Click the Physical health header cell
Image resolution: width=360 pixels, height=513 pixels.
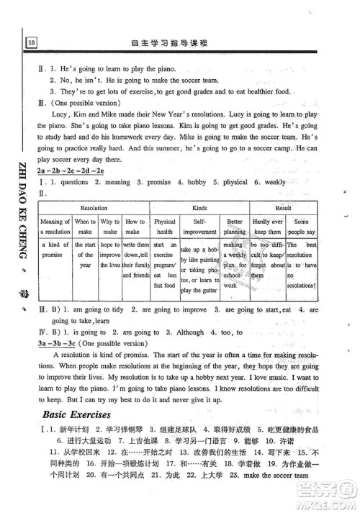pos(165,227)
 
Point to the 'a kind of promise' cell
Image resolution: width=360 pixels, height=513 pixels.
pos(55,250)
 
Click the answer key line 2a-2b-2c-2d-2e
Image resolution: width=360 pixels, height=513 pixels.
pos(72,169)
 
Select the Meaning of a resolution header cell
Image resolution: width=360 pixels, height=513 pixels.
pos(55,227)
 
